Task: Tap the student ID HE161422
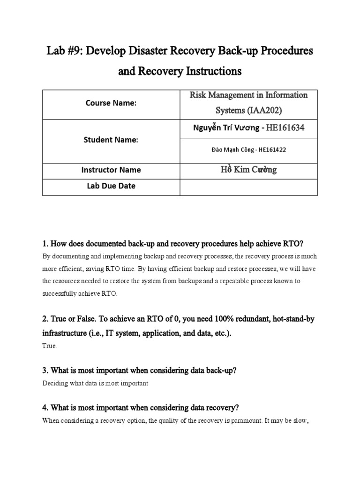click(x=270, y=151)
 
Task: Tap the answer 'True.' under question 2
click(x=50, y=346)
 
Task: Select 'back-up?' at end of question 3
click(x=220, y=370)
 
